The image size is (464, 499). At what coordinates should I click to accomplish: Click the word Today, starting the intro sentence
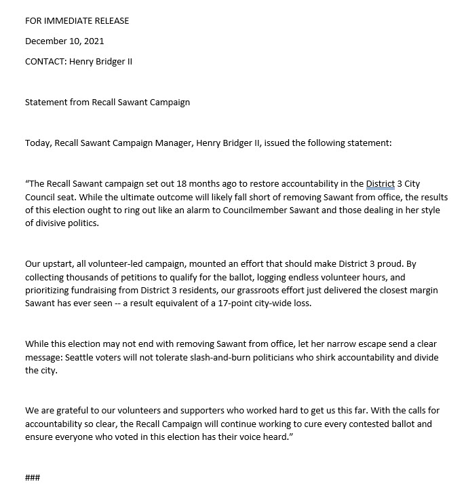[39, 143]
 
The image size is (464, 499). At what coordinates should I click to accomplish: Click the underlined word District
[380, 185]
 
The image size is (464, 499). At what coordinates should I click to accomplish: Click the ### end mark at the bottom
[33, 477]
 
